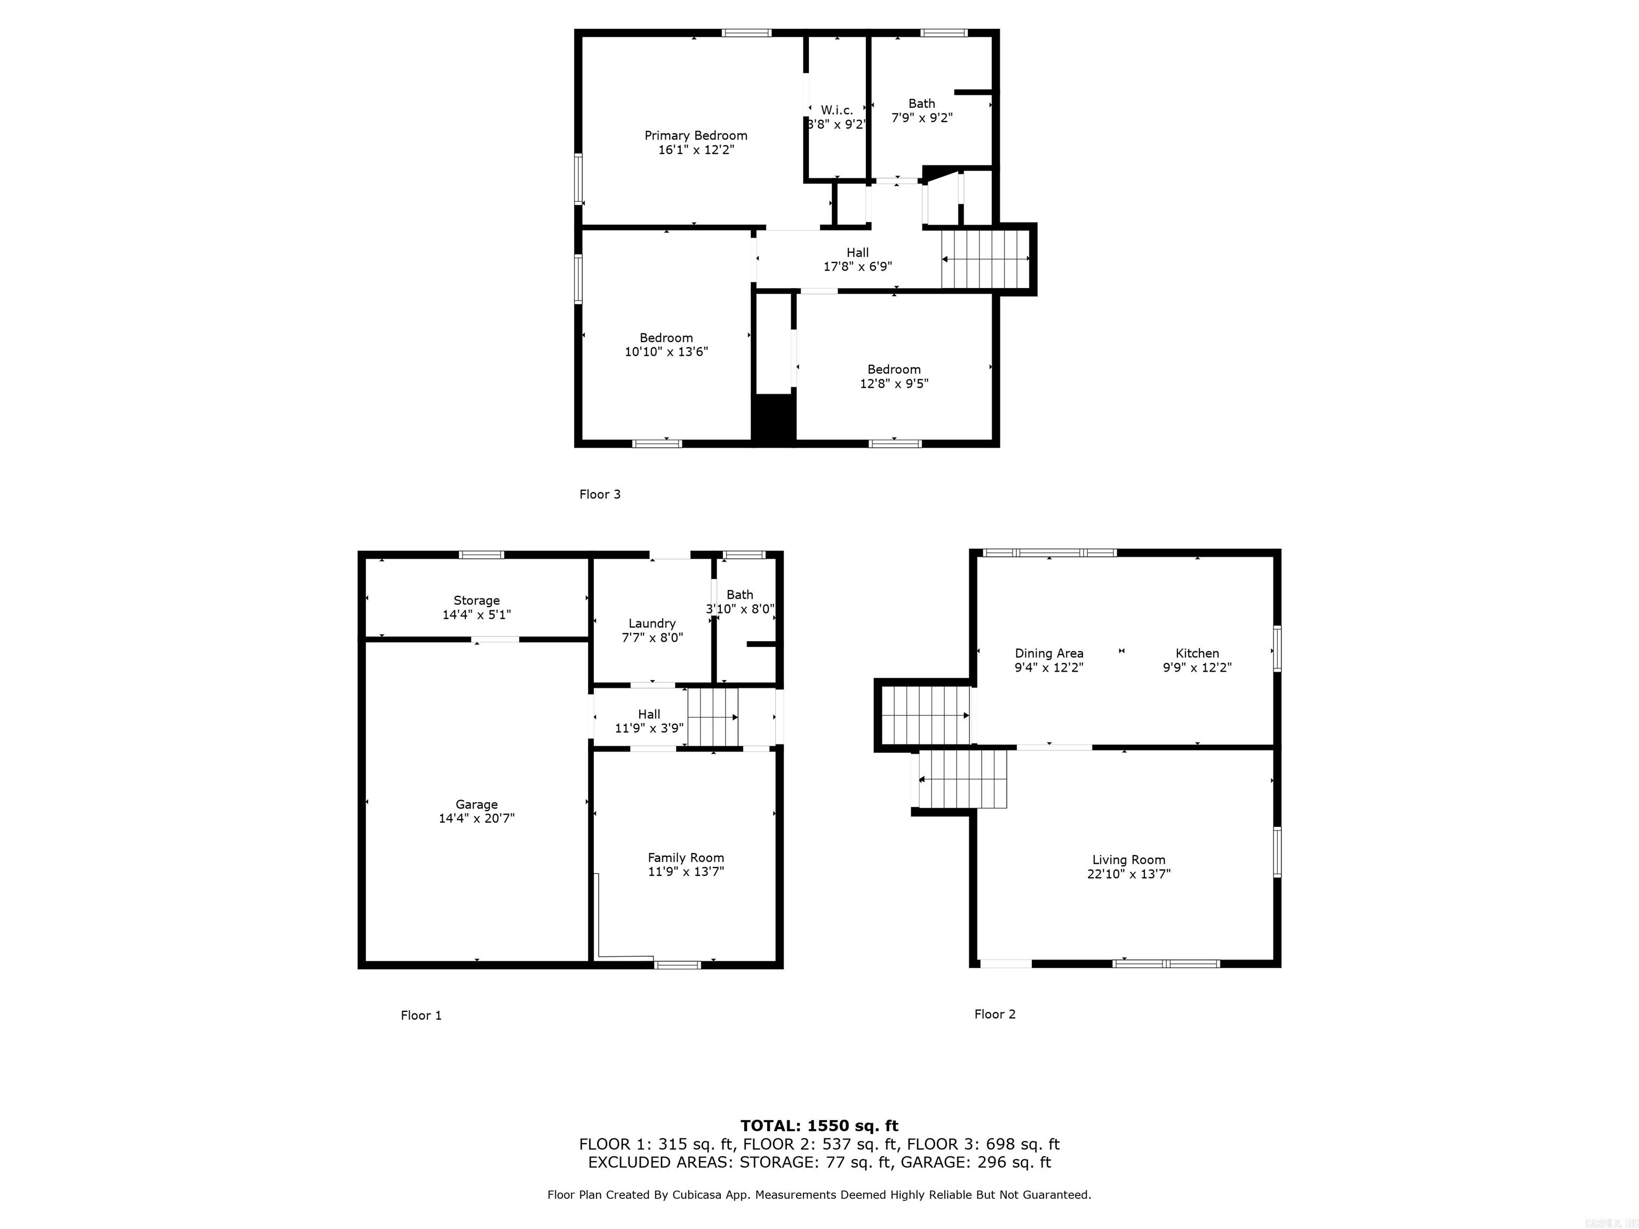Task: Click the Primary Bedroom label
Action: coord(695,135)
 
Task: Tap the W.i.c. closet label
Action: coord(837,110)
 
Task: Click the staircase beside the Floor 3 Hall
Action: coord(985,259)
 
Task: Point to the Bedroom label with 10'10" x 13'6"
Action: coord(666,338)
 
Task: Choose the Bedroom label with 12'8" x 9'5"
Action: coord(894,370)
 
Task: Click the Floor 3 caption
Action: coord(600,494)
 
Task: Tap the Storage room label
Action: coord(476,601)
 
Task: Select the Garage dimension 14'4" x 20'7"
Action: coord(476,819)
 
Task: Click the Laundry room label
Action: coord(652,624)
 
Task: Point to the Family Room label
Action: coord(686,858)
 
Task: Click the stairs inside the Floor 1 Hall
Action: coord(713,716)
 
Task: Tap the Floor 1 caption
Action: coord(421,1016)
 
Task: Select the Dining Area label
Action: coord(1048,653)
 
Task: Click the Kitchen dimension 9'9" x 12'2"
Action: coord(1197,667)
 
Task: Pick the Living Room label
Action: coord(1128,860)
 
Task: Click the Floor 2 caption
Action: coord(994,1014)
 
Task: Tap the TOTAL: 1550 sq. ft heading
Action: coord(819,1127)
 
